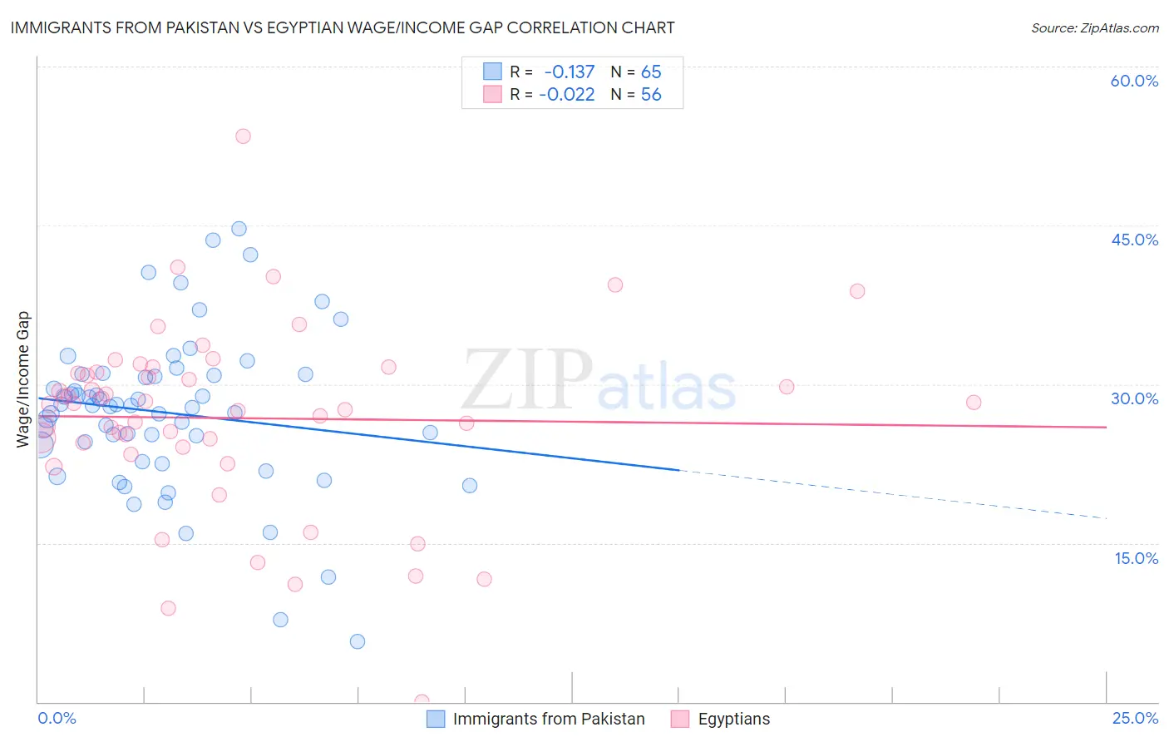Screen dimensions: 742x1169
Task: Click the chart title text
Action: coord(342,27)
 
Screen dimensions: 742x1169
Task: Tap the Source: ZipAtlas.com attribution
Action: coord(1094,27)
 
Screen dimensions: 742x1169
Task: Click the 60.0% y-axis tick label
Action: coord(1134,81)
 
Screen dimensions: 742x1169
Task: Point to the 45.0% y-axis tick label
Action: coord(1134,240)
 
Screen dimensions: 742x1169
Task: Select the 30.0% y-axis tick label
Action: coord(1134,398)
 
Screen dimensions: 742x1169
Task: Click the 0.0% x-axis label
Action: coord(57,718)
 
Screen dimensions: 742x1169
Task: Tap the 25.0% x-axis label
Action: coord(1134,718)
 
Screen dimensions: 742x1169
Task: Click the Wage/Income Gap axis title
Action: coord(22,379)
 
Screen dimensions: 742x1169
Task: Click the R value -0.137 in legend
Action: coord(569,72)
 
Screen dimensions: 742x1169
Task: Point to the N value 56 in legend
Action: coord(651,95)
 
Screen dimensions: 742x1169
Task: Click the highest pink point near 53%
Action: coord(243,136)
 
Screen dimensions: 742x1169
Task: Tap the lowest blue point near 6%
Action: coord(358,641)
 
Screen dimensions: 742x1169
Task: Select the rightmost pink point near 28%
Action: coord(974,403)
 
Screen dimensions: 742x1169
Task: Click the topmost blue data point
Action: coord(239,229)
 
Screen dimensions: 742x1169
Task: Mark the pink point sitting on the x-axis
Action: coord(422,701)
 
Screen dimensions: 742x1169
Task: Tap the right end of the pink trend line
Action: coord(1105,427)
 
